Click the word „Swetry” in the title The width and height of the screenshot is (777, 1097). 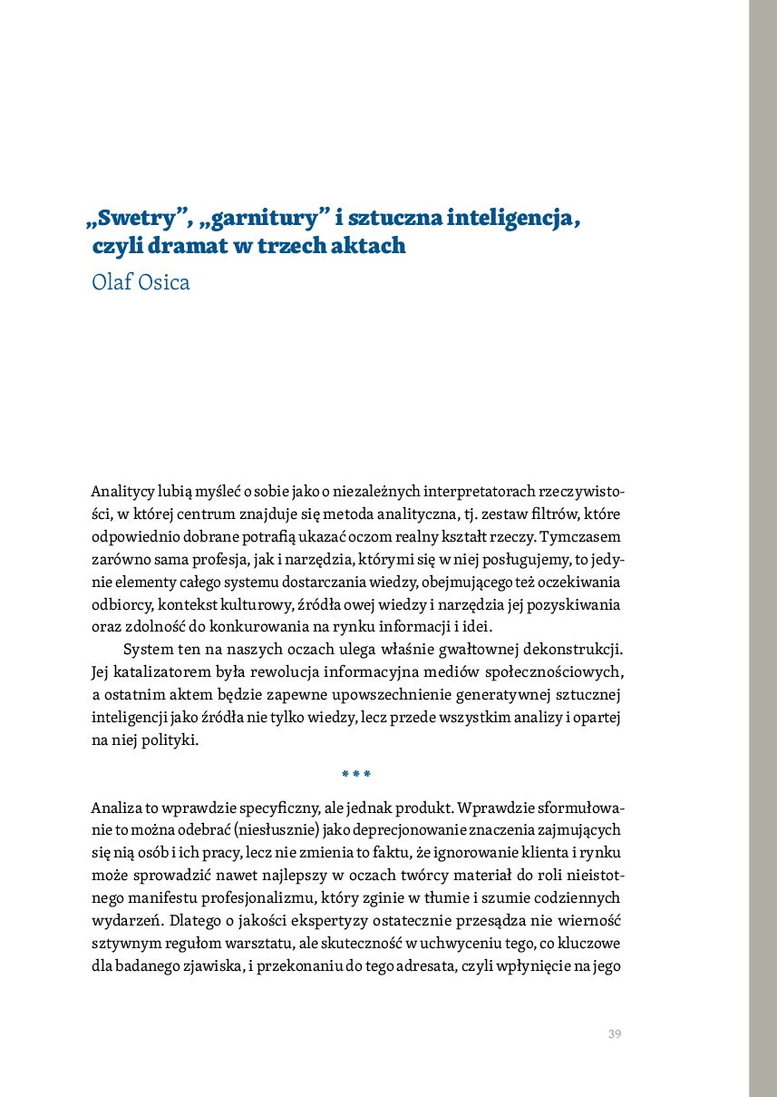point(137,219)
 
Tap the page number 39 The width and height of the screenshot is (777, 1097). point(614,1034)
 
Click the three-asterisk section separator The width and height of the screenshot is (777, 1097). point(356,774)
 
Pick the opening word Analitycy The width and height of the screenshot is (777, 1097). point(121,492)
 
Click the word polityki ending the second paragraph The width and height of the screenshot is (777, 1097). point(170,739)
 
